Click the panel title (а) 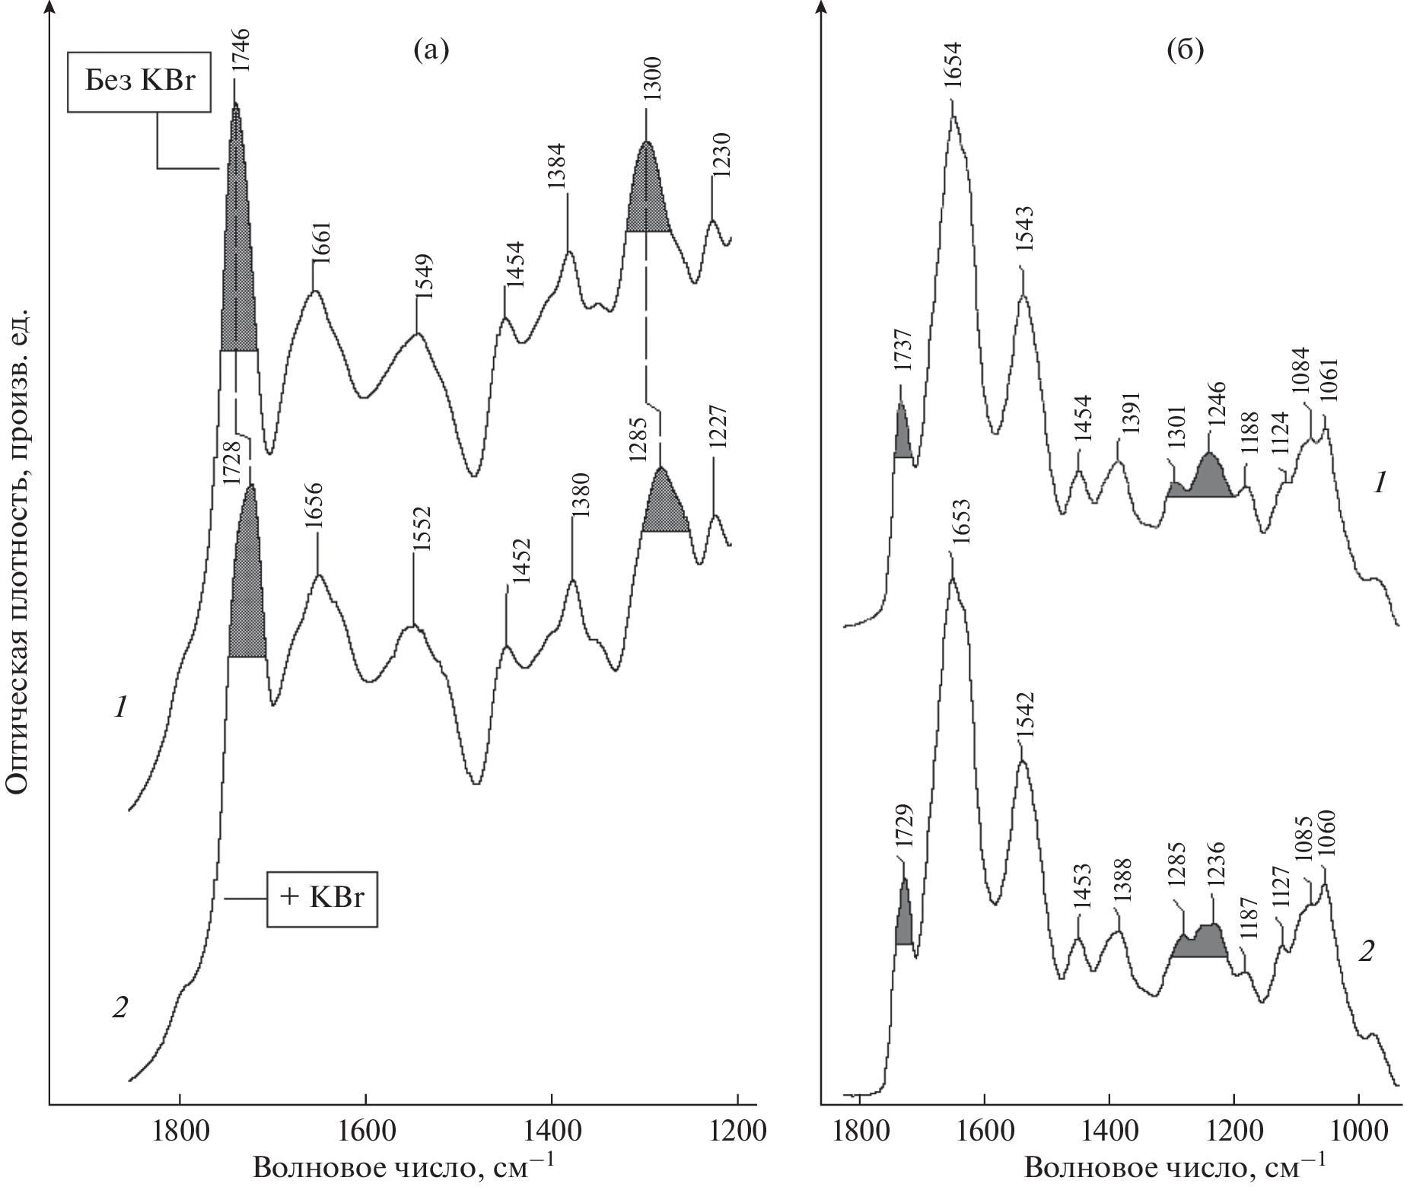431,50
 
